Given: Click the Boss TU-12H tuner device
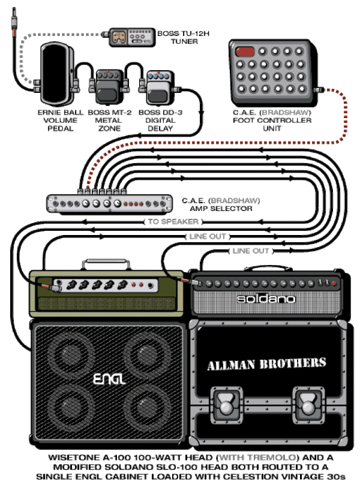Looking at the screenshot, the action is [x=132, y=37].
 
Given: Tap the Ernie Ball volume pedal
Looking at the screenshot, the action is [x=57, y=74].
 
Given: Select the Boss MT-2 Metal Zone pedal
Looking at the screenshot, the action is [x=109, y=87].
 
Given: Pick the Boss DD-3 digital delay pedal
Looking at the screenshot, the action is [x=160, y=88].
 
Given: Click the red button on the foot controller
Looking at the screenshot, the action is [x=245, y=52].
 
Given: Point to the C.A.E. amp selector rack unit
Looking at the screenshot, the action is [x=109, y=203].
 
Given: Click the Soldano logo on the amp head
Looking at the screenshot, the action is [x=266, y=299].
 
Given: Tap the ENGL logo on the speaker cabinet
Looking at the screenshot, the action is [x=109, y=379].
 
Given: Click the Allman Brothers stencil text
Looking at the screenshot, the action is [x=266, y=364].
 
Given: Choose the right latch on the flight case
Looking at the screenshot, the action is [x=308, y=402].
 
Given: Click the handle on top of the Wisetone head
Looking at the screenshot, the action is [x=107, y=264].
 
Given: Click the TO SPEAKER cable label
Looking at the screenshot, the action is [x=173, y=222].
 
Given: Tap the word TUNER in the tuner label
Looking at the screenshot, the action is [x=184, y=41].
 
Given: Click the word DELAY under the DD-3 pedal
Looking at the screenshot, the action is [x=160, y=128].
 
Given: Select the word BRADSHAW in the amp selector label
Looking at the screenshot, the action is [x=234, y=200].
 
